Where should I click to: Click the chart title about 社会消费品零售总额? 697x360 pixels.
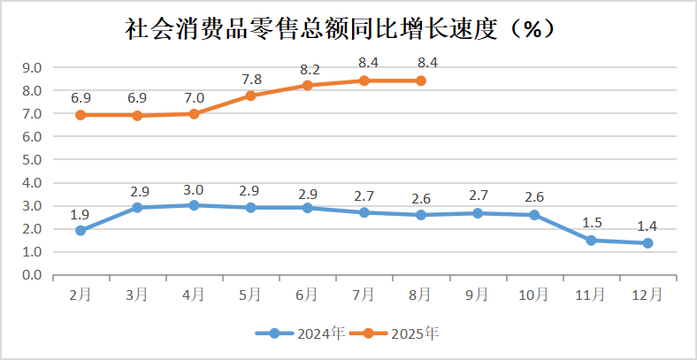340,28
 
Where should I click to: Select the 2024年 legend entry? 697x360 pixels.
301,333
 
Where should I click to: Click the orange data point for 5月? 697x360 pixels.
250,96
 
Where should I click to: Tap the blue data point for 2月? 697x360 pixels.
80,231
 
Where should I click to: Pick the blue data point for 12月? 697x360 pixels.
647,242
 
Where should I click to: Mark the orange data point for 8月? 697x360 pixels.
421,80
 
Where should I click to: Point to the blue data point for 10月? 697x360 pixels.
534,215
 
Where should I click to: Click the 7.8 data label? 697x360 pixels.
251,79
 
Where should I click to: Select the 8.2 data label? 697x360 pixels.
309,68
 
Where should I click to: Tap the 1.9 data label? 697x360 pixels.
80,213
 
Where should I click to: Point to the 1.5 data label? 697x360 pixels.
591,222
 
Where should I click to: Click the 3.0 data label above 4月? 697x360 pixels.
195,189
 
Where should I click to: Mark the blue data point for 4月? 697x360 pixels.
195,205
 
